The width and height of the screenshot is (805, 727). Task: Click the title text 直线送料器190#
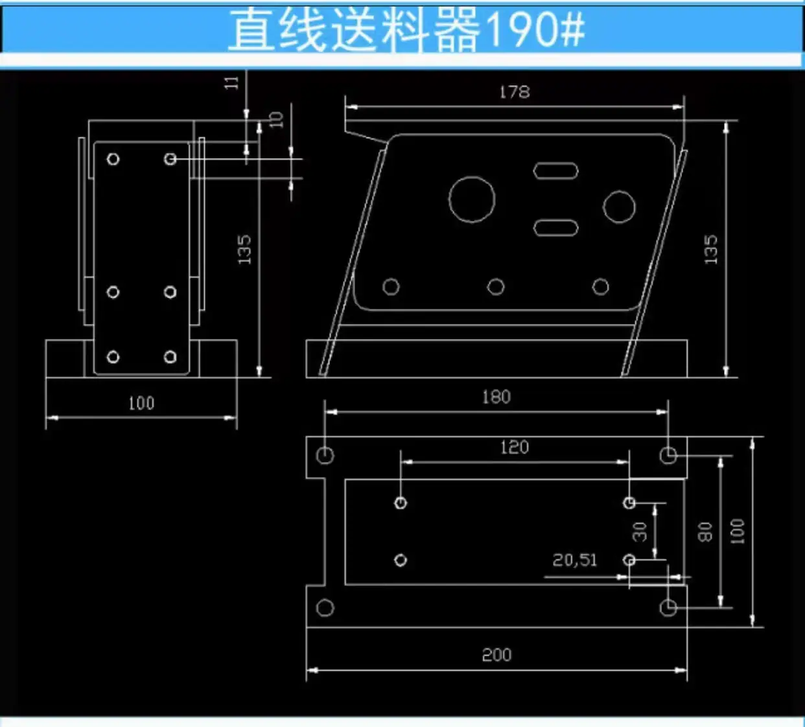(x=406, y=30)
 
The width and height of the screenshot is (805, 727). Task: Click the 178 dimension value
(x=515, y=92)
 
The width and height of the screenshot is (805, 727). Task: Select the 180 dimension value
(x=496, y=397)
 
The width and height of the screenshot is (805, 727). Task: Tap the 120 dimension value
(x=515, y=447)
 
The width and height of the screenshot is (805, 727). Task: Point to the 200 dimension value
(x=496, y=655)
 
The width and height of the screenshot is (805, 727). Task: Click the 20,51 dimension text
(x=575, y=560)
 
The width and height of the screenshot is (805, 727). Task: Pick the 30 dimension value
(x=640, y=531)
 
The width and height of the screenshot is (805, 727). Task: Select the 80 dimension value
(x=705, y=532)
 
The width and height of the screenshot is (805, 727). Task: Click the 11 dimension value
(x=231, y=83)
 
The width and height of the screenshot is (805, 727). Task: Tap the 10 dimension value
(x=276, y=120)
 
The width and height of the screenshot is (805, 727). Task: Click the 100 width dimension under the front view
(x=141, y=403)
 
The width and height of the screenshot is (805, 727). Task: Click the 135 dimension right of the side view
(x=711, y=249)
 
